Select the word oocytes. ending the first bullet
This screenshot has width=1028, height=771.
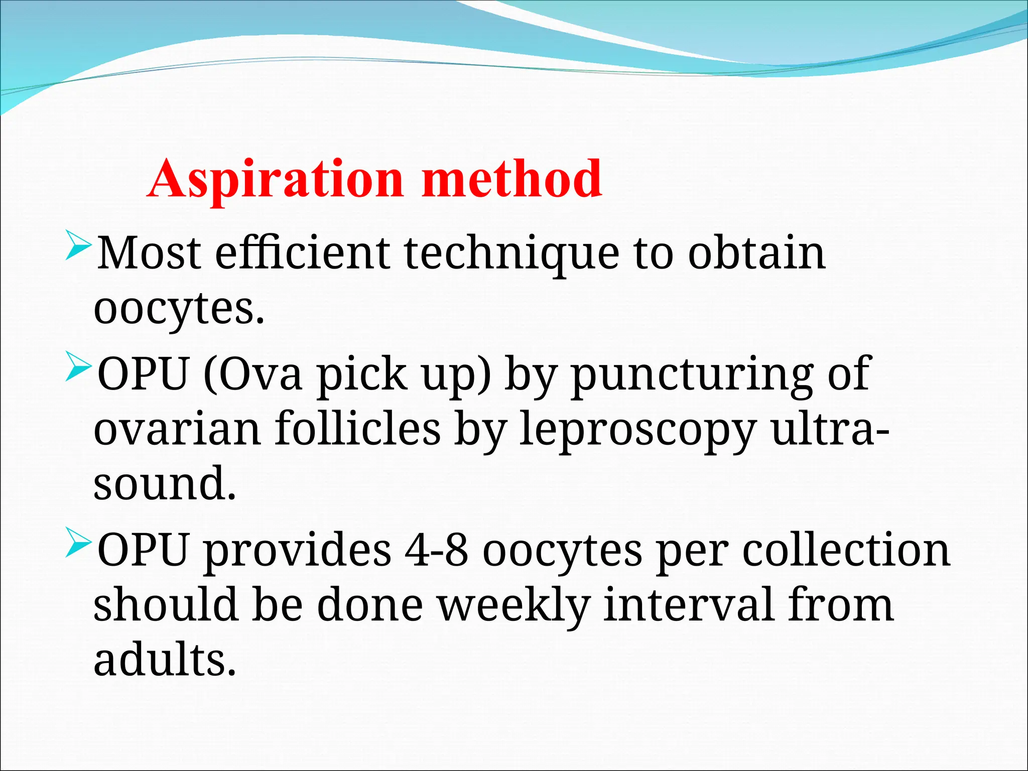pos(179,309)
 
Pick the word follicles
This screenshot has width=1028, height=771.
pos(357,429)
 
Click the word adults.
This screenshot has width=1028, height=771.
pos(165,660)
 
